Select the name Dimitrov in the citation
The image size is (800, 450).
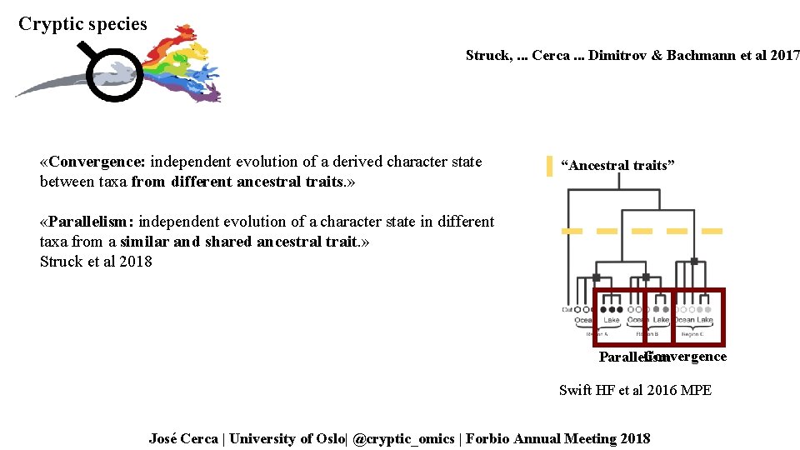coord(617,56)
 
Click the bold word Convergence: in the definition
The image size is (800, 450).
coord(97,162)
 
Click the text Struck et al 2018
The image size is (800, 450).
coord(96,262)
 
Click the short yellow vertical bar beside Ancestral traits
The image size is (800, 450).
coord(549,166)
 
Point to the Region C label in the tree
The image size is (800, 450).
coord(692,333)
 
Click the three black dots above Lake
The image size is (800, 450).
coord(611,309)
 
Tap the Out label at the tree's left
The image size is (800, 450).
coord(567,309)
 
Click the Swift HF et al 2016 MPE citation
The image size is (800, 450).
coord(635,390)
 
